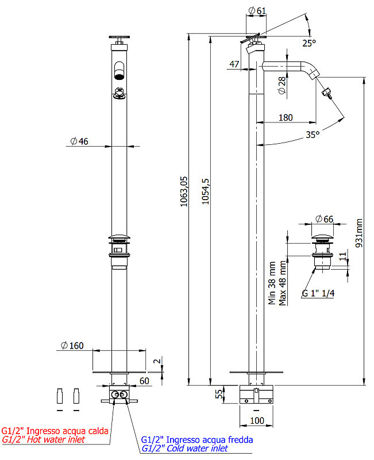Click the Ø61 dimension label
(x=257, y=10)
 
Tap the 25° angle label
(x=309, y=43)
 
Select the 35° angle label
(x=313, y=135)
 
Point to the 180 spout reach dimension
(x=286, y=118)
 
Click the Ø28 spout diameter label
(x=282, y=85)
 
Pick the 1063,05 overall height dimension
(x=184, y=191)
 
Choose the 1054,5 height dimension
(x=205, y=191)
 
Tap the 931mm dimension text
(x=358, y=233)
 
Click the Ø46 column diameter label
(x=79, y=141)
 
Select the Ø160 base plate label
(x=72, y=346)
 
